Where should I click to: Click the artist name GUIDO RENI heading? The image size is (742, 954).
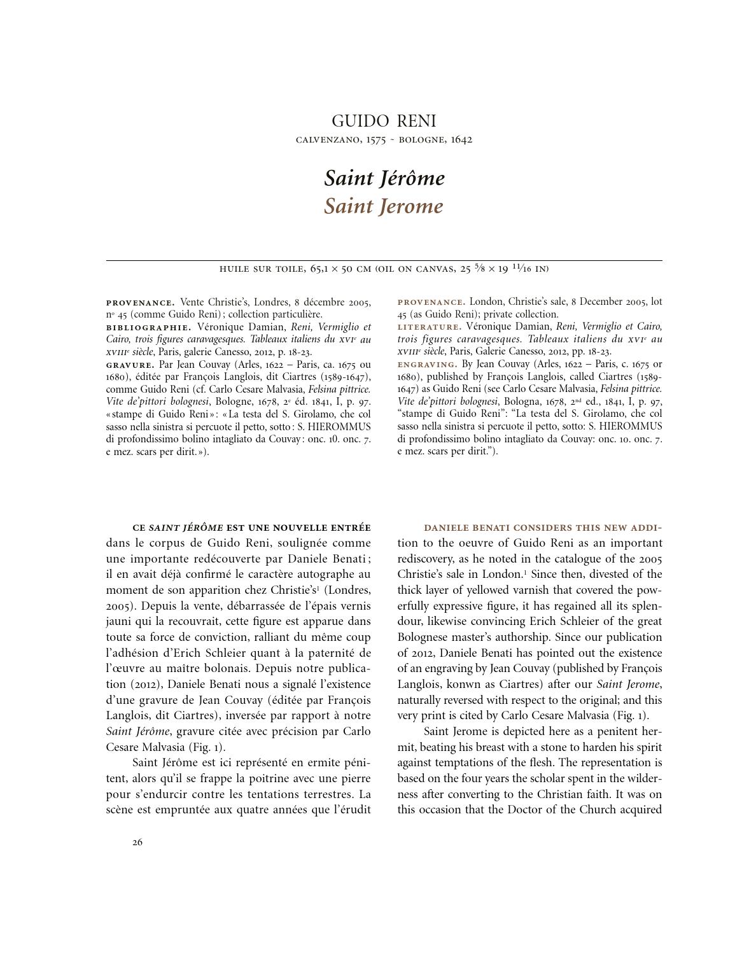(384, 121)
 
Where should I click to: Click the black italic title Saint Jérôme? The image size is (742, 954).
(384, 178)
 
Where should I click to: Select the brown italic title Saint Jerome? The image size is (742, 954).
(383, 206)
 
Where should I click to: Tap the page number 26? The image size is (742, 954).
(137, 843)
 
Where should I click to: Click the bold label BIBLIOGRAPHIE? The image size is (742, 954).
(148, 327)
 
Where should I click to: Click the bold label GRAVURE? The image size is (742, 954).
(130, 365)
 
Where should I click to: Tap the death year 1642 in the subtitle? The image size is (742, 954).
(461, 140)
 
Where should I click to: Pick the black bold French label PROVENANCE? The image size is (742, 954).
(140, 302)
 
